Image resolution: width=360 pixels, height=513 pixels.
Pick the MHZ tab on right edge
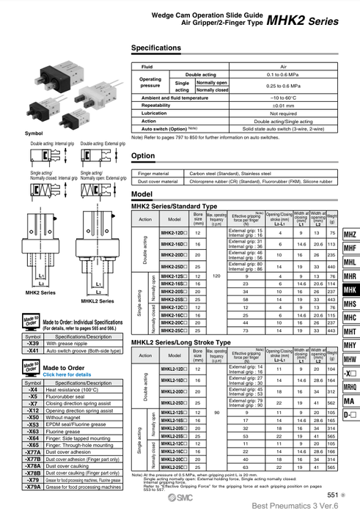(350, 235)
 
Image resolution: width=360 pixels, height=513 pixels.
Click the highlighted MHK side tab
(350, 290)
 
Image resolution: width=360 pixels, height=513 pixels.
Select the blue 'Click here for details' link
(67, 374)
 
